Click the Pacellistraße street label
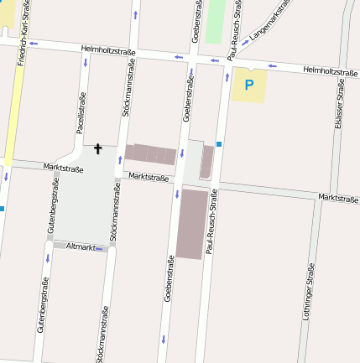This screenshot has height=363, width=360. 81,114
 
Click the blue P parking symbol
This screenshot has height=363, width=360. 248,84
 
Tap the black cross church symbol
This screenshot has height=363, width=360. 97,149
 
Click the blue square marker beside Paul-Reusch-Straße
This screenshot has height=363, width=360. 219,144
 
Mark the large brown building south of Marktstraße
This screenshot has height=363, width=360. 192,223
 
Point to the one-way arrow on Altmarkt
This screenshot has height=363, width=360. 101,249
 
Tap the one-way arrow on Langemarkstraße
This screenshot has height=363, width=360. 245,41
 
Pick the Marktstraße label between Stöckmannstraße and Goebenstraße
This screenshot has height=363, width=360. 149,177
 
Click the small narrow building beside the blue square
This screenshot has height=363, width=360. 206,161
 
